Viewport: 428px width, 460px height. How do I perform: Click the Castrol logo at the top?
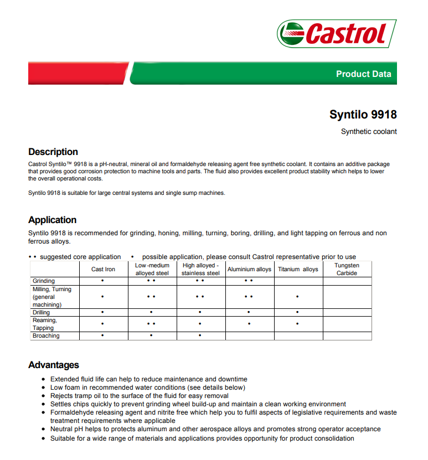337,34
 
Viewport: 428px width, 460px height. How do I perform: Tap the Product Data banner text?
363,74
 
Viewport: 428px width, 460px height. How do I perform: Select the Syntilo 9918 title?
363,115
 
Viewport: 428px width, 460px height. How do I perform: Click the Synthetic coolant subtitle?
369,132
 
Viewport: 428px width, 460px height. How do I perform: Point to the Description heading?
53,152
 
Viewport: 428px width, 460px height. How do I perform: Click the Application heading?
53,220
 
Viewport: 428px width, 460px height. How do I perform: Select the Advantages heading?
54,365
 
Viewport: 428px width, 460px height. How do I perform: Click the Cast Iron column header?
103,270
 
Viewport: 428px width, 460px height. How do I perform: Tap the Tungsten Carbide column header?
347,269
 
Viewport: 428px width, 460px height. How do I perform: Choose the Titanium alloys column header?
298,270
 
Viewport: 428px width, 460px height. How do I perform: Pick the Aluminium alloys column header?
249,270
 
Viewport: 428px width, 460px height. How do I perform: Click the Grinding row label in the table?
44,281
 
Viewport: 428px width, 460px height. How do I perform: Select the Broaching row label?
46,335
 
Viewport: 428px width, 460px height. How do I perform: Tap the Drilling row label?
41,313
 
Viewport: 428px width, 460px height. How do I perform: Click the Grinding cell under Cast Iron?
103,281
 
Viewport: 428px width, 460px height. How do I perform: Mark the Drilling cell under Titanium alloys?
298,313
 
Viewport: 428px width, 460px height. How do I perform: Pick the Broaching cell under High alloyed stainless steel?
200,335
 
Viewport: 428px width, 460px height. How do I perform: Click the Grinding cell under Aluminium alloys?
249,281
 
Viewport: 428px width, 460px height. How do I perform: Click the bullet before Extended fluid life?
44,380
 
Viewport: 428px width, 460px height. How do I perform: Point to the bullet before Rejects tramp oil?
44,396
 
